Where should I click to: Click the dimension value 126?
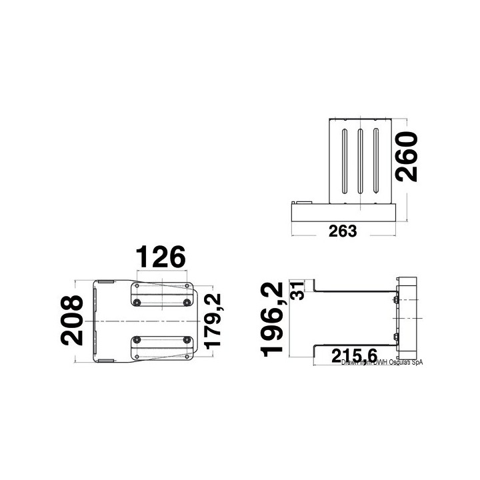pos(160,257)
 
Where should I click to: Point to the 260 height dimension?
pos(403,157)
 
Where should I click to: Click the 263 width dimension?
pos(343,231)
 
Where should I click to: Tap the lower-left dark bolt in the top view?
pos(137,339)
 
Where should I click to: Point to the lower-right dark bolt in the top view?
pos(186,339)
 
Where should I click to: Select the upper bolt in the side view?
pos(397,301)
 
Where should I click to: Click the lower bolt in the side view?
pos(397,340)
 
